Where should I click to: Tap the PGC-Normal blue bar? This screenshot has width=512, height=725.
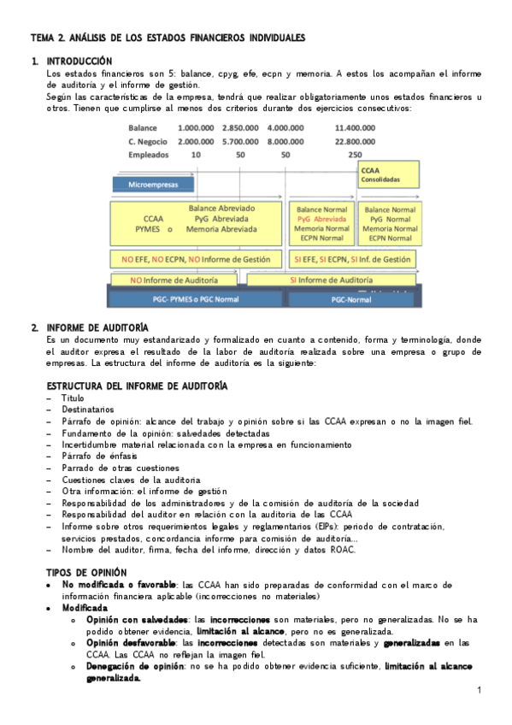point(351,299)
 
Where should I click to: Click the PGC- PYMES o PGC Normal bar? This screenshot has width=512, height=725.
point(197,299)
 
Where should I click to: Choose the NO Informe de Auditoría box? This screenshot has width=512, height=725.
point(174,280)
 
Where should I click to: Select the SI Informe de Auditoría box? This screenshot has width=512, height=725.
point(329,280)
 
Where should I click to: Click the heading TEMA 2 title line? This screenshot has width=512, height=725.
point(167,38)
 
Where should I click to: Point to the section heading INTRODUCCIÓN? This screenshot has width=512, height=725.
point(79,62)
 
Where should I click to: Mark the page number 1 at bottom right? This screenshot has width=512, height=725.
point(480,690)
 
